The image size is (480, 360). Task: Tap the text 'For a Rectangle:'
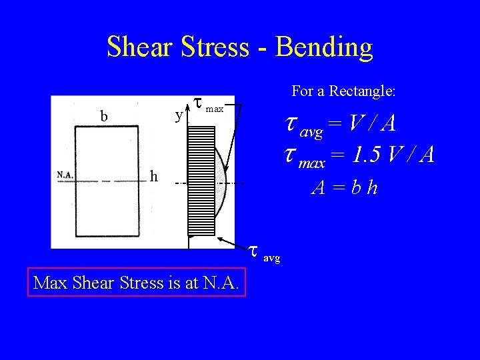tap(343, 91)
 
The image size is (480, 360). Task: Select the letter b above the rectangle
tap(103, 116)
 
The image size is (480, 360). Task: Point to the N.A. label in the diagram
tap(65, 175)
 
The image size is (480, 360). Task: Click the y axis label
tap(178, 116)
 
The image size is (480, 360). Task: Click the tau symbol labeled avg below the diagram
tap(253, 251)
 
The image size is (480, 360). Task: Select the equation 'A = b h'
tap(345, 187)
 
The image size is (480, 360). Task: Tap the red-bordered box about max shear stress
tap(137, 283)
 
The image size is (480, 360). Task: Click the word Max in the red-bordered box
tap(50, 283)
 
